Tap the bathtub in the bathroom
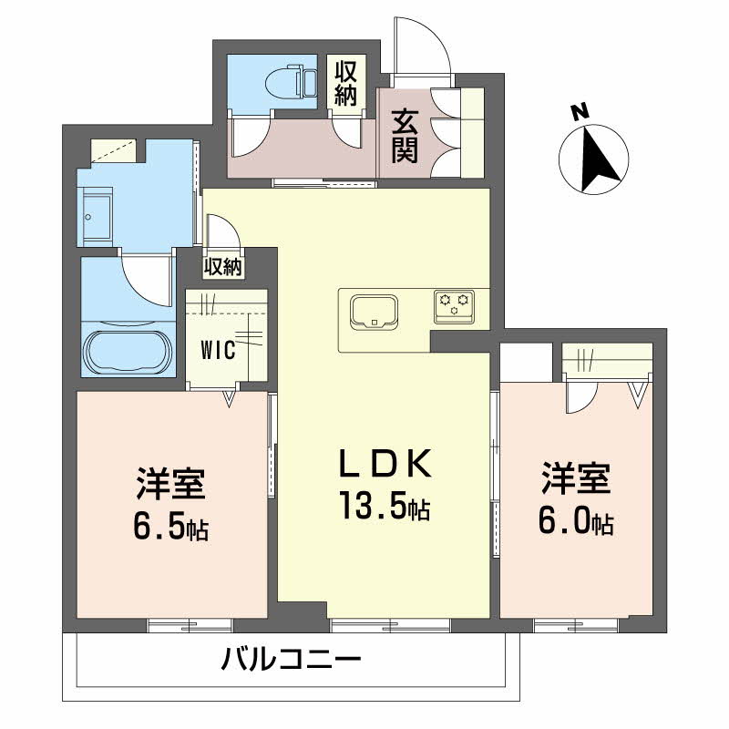[126, 352]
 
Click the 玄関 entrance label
[405, 136]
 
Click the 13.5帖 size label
[384, 506]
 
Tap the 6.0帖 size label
[576, 522]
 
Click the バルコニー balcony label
[292, 659]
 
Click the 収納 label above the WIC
[223, 267]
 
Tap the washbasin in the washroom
[96, 209]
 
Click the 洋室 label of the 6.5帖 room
[170, 483]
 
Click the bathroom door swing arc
[148, 278]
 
